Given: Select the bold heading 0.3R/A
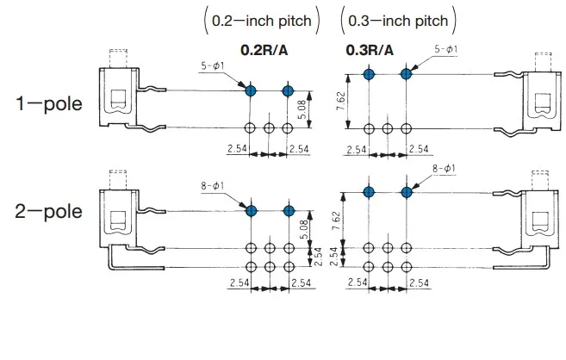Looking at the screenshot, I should click(370, 50).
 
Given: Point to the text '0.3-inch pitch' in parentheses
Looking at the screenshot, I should click(397, 18).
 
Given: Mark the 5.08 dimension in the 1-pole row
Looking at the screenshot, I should click(302, 109).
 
